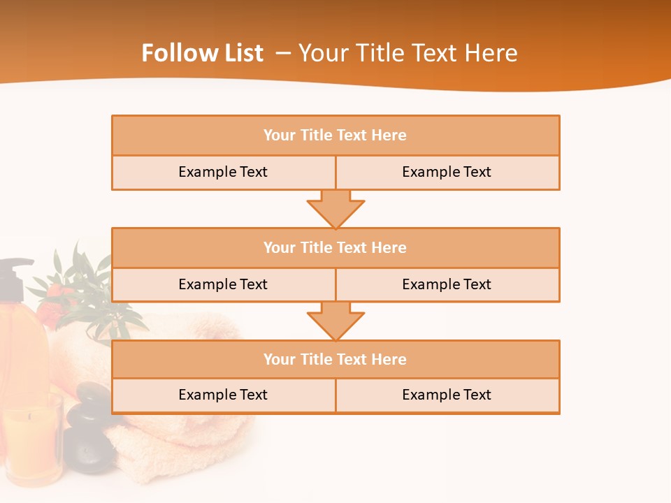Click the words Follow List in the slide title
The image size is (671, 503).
[x=202, y=53]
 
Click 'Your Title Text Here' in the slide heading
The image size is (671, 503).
[x=407, y=53]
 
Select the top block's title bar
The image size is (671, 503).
[x=335, y=136]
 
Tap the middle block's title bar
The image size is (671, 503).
[x=335, y=248]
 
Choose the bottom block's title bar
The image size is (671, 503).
[x=335, y=360]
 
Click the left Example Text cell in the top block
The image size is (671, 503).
[x=223, y=173]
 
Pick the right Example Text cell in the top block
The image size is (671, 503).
[x=447, y=173]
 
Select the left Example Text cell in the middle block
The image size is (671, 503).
[x=223, y=285]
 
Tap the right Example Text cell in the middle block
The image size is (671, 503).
[x=447, y=285]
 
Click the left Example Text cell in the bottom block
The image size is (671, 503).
[x=223, y=395]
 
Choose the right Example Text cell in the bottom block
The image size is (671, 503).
[x=447, y=395]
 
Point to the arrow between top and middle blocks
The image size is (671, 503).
[x=335, y=209]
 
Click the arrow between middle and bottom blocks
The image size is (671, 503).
[x=335, y=321]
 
